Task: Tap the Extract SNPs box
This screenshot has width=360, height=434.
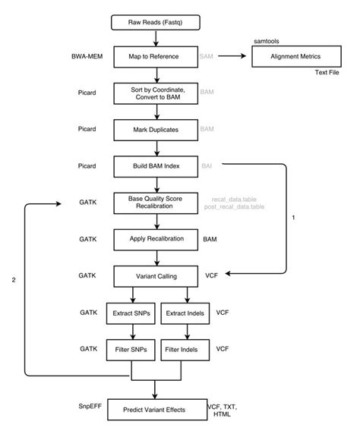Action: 134,312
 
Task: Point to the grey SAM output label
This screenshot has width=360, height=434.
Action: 207,57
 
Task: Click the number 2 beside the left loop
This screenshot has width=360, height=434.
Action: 13,280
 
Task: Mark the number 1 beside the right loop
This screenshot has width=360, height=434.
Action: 293,219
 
